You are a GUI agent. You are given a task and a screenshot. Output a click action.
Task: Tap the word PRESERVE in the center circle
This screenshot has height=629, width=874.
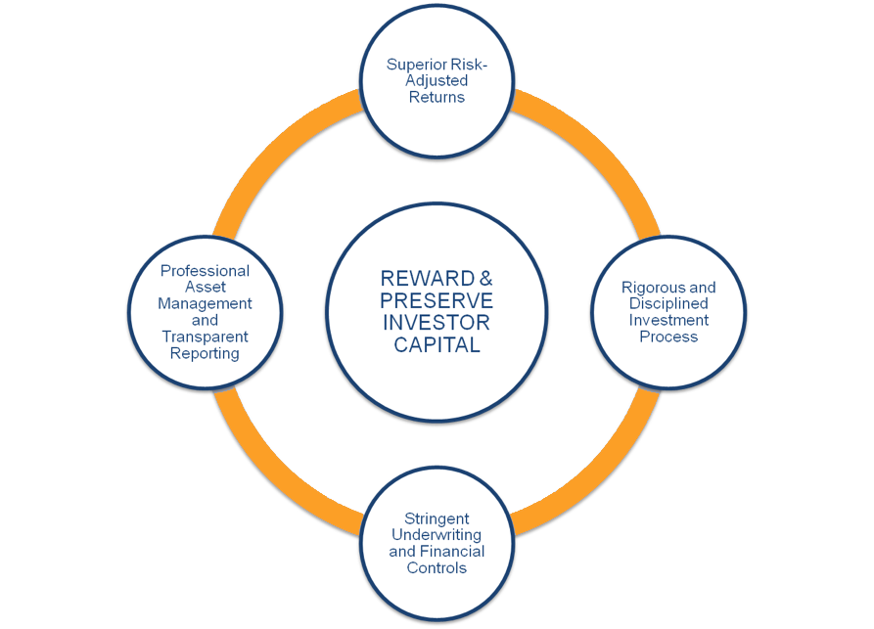pyautogui.click(x=437, y=301)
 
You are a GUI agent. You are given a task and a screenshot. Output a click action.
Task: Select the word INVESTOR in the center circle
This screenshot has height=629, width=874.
pyautogui.click(x=437, y=323)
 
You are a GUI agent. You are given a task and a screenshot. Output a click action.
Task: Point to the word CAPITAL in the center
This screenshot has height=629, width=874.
pyautogui.click(x=437, y=344)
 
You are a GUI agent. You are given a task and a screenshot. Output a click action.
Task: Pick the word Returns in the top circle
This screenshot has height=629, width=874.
pyautogui.click(x=437, y=97)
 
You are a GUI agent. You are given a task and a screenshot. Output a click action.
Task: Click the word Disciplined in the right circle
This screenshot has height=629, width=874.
pyautogui.click(x=668, y=304)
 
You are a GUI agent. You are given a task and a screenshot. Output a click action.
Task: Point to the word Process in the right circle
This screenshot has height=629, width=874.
pyautogui.click(x=668, y=337)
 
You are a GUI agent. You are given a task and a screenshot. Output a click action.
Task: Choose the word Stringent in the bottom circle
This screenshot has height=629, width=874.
pyautogui.click(x=437, y=518)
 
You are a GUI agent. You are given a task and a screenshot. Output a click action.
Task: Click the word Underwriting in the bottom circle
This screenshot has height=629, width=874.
pyautogui.click(x=437, y=535)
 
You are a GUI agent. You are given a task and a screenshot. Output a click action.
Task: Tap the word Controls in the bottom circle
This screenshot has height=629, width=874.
pyautogui.click(x=437, y=568)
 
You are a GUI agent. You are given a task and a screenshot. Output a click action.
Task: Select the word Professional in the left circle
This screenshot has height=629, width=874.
pyautogui.click(x=205, y=271)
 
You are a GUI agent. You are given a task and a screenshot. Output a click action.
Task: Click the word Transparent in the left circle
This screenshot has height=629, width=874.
pyautogui.click(x=205, y=337)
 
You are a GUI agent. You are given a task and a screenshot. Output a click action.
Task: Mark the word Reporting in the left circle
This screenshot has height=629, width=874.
pyautogui.click(x=205, y=353)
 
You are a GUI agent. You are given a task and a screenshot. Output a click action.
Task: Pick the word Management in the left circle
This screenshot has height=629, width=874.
pyautogui.click(x=205, y=303)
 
